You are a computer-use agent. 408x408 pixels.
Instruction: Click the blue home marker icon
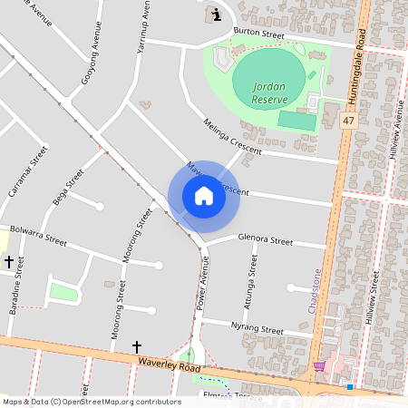204,196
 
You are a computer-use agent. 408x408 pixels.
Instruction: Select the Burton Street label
259,34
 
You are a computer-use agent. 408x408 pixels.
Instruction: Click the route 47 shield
348,121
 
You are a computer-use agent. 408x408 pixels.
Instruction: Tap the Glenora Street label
265,241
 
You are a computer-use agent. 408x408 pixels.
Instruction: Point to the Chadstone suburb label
315,289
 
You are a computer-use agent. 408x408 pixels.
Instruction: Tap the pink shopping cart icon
319,366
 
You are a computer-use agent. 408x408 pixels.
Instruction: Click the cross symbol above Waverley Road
137,346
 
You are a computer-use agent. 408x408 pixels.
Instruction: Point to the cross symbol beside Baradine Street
9,261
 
